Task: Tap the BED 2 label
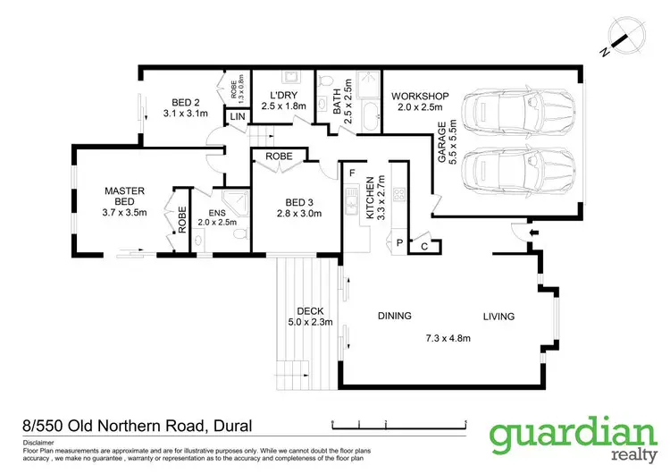click(x=185, y=102)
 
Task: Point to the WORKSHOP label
click(x=419, y=96)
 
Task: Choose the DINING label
click(x=394, y=316)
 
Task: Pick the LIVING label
click(x=499, y=316)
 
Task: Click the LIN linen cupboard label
click(x=238, y=117)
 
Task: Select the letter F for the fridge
click(x=352, y=172)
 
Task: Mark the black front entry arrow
click(x=533, y=235)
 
